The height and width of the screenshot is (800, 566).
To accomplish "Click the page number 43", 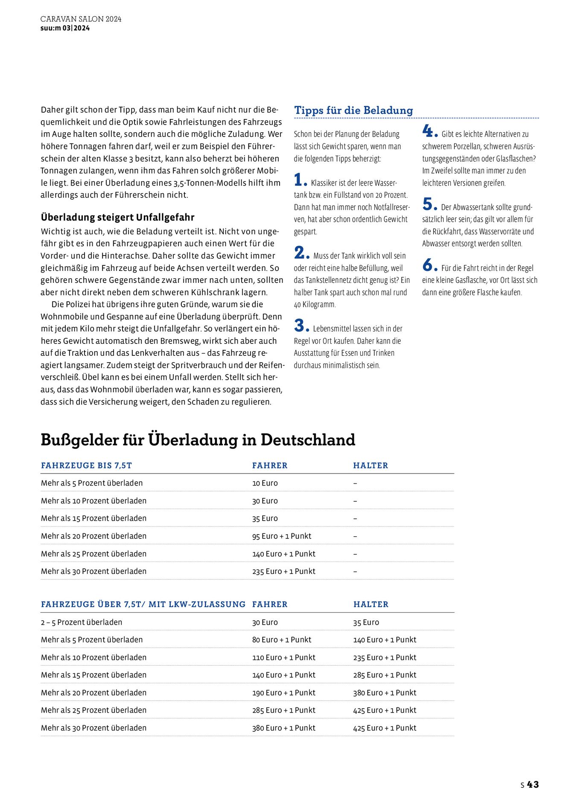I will (533, 784).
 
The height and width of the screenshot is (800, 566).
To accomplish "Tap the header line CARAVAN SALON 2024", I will (81, 19).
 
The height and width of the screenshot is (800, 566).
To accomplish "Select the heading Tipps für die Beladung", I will (353, 110).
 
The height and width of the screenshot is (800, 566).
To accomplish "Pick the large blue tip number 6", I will (428, 265).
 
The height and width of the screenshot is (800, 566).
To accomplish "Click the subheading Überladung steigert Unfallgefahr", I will (117, 217).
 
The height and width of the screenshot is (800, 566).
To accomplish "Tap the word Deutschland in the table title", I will (308, 439).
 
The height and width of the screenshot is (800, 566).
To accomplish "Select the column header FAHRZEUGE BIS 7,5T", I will (86, 465).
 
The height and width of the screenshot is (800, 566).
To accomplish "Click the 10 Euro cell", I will (265, 483).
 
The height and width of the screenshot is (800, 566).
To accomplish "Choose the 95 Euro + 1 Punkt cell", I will (281, 536).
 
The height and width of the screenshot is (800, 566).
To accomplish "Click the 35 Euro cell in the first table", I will (265, 518).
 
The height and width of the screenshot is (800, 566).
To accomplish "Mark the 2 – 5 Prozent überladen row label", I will (81, 622).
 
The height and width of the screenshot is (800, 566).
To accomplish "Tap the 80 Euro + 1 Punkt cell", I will (281, 640).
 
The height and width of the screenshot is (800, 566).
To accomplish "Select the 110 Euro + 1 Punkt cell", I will (283, 657).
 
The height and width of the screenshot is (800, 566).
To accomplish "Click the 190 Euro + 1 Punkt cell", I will (283, 692).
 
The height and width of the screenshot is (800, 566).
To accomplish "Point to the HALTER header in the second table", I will (371, 604).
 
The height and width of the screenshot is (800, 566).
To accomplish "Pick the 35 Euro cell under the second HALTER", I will (366, 622).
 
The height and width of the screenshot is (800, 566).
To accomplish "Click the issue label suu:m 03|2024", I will (65, 28).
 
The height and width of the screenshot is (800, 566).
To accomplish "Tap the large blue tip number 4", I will (428, 131).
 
